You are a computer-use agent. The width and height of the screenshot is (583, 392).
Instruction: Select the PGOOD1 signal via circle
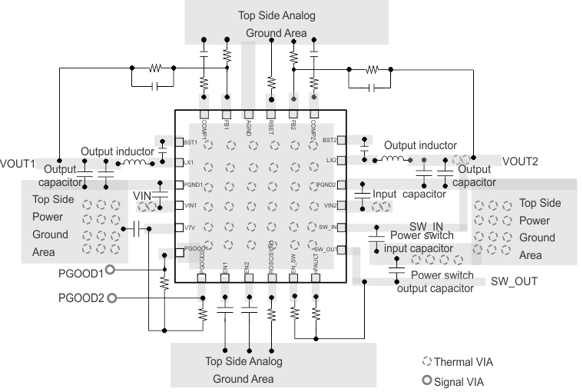[x=110, y=271]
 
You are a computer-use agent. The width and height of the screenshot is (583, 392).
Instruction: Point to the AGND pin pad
[x=248, y=98]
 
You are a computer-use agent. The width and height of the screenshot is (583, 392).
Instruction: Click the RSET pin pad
[x=271, y=98]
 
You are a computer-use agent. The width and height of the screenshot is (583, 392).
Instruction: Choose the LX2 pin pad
[x=340, y=161]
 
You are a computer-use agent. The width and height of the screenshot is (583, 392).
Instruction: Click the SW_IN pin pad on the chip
[x=340, y=228]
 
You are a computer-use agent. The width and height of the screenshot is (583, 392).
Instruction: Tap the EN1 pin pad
[x=224, y=277]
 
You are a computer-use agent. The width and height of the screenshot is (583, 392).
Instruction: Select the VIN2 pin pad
[x=340, y=205]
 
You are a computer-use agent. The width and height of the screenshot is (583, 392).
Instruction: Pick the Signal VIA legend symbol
[x=428, y=378]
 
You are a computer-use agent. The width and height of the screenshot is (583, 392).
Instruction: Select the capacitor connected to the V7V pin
[x=135, y=228]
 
